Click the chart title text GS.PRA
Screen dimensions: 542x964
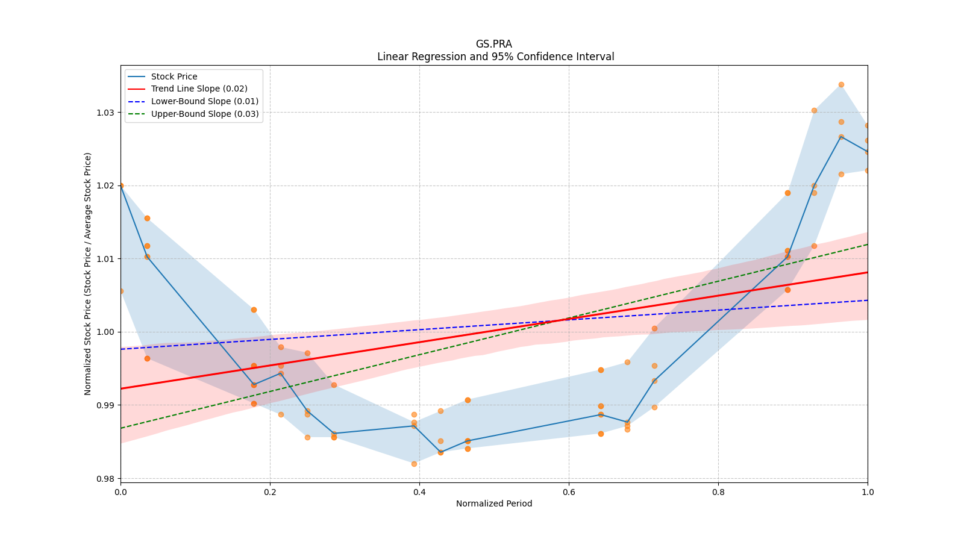493,44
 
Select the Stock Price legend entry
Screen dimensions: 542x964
174,76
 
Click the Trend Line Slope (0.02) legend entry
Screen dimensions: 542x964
199,89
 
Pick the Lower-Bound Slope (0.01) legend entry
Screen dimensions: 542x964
204,102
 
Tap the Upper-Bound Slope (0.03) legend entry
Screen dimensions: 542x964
205,114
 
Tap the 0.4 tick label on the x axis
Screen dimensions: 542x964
419,492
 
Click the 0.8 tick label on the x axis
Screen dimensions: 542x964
718,492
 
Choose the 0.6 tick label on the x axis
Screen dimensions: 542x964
569,492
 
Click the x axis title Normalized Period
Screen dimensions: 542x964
494,503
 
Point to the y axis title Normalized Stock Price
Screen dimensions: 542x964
88,273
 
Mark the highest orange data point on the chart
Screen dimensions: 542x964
841,85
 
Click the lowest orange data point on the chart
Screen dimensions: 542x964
414,464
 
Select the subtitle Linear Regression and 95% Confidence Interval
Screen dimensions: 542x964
495,57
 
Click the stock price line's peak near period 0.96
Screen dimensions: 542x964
841,137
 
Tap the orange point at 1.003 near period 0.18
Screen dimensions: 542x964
254,310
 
